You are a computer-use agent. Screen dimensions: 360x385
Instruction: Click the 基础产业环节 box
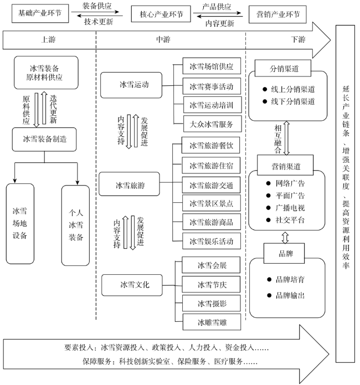click(40, 13)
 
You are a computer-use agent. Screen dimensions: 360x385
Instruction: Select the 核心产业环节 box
click(161, 14)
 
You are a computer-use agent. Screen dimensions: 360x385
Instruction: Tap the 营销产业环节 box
click(277, 14)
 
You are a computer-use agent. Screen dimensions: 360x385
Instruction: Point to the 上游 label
click(48, 39)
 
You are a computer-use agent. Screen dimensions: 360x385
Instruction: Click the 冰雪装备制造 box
click(44, 139)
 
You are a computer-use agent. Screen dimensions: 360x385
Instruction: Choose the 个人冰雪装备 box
click(76, 225)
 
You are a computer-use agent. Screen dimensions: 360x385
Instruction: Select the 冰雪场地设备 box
click(20, 224)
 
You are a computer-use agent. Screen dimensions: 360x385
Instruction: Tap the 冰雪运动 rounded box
click(131, 85)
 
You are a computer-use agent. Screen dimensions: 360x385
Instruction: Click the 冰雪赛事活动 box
click(212, 86)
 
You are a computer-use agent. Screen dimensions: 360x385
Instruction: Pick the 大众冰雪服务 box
click(213, 124)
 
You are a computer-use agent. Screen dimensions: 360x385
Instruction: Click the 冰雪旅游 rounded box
click(130, 184)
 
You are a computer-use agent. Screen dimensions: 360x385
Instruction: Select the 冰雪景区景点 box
click(212, 203)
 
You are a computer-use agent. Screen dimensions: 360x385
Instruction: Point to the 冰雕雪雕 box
click(212, 322)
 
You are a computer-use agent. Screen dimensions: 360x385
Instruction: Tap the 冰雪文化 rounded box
click(132, 285)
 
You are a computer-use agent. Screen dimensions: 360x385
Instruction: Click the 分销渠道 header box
click(283, 68)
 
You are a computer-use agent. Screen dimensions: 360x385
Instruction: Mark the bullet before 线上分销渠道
click(265, 89)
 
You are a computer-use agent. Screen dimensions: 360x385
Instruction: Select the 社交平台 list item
click(286, 220)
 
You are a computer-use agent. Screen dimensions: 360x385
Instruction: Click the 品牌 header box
click(284, 253)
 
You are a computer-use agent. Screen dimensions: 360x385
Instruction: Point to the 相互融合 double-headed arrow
click(286, 138)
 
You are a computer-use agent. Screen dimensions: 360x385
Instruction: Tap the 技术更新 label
click(99, 22)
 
